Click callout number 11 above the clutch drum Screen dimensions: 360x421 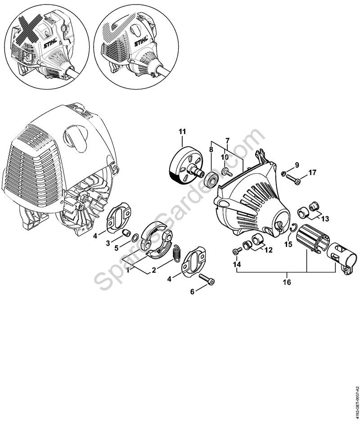pyautogui.click(x=182, y=131)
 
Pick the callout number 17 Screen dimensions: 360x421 pyautogui.click(x=312, y=172)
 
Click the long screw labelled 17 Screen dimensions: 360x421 pyautogui.click(x=293, y=179)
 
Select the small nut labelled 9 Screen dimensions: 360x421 pyautogui.click(x=283, y=174)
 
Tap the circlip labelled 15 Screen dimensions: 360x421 pyautogui.click(x=293, y=228)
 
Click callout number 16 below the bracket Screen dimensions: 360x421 pyautogui.click(x=287, y=282)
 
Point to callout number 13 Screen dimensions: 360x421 pyautogui.click(x=325, y=219)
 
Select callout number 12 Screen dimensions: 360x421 pyautogui.click(x=268, y=250)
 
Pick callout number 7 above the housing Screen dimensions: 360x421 pyautogui.click(x=227, y=140)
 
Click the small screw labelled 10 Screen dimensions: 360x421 pyautogui.click(x=226, y=172)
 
